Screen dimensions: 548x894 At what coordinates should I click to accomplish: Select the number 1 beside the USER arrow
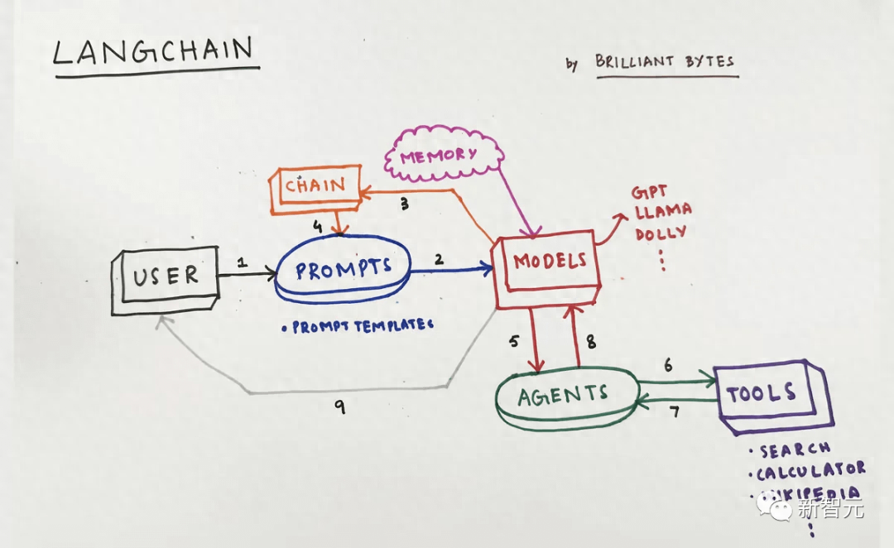(242, 262)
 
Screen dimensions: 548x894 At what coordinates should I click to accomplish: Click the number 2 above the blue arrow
(439, 259)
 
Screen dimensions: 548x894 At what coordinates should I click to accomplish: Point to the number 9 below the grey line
(340, 406)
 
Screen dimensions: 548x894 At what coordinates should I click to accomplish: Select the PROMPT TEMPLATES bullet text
(358, 326)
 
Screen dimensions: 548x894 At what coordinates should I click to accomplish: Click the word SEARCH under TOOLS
(794, 449)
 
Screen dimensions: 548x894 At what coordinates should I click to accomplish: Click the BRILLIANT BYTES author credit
(664, 62)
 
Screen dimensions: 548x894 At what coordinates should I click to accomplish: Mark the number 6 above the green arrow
(668, 365)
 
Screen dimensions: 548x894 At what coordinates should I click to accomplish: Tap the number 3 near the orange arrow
(405, 204)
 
